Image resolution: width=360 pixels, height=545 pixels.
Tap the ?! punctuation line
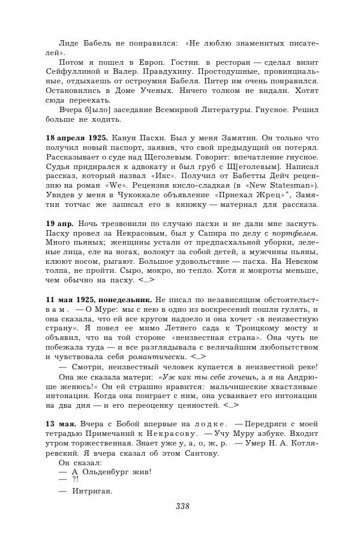coord(75,479)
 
